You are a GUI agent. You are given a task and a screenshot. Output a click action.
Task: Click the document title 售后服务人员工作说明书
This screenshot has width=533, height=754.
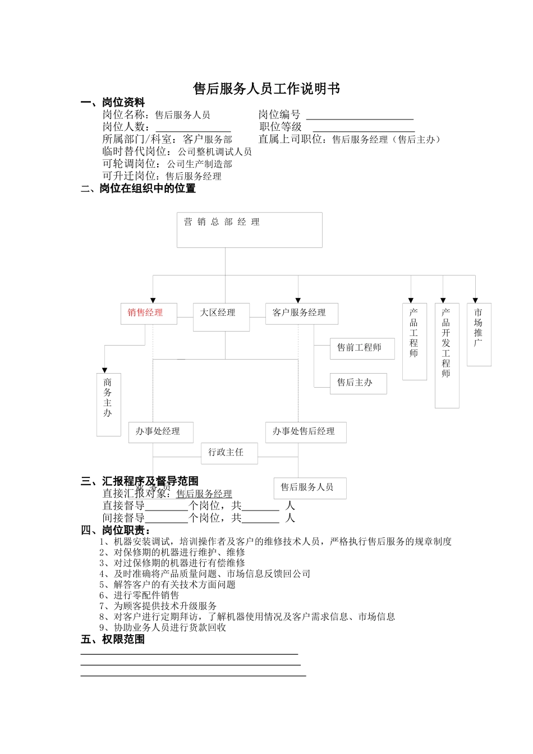coord(266,89)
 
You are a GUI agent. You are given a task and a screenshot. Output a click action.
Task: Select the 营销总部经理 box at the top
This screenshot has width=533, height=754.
coord(249,229)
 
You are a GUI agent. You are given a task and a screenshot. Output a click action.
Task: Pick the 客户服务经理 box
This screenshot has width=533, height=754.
coord(301,313)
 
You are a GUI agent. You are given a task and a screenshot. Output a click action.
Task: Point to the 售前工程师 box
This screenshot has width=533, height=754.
coord(362,348)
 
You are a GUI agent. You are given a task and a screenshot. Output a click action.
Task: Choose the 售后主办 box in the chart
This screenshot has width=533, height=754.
coord(358,383)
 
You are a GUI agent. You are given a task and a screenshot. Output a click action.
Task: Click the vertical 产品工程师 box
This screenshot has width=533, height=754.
coord(414,341)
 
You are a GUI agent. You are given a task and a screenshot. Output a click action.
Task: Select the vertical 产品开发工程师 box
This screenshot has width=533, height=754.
coord(447,355)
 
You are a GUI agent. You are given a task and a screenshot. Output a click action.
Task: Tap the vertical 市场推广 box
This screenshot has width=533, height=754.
coord(479,334)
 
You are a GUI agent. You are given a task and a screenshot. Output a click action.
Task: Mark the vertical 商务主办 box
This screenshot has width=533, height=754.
coord(108,403)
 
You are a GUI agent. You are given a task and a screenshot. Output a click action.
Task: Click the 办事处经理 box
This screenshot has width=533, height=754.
coord(161,432)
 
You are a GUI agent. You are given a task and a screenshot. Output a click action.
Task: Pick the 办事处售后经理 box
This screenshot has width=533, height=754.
coord(305,432)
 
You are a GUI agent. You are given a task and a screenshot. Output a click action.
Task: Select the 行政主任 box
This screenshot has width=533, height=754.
coord(229,453)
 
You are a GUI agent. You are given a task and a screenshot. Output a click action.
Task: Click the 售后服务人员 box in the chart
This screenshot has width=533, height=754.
coord(310,488)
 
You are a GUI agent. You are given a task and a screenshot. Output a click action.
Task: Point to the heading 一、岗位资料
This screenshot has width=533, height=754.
coord(113,103)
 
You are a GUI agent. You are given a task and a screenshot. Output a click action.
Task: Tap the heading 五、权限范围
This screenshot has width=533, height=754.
coord(113,639)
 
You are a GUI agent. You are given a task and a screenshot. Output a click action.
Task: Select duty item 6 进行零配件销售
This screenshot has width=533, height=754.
coord(139,595)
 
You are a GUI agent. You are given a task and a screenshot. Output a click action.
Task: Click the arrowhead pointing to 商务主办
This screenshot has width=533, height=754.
coord(104,369)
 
